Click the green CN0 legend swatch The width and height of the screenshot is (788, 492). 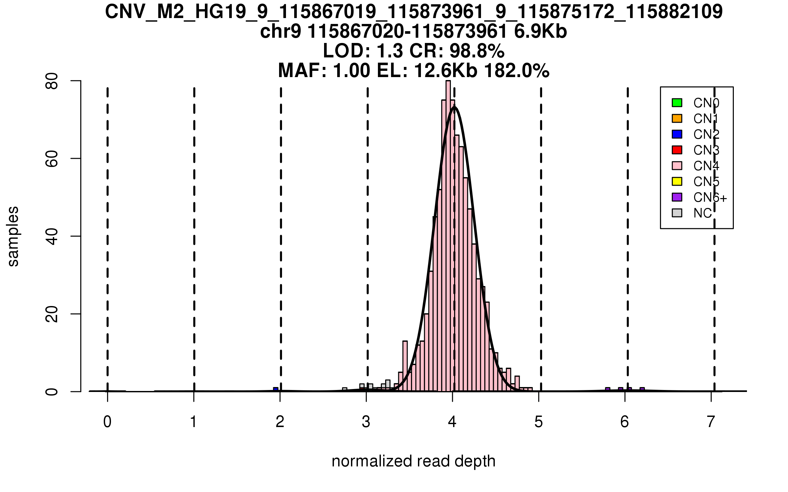(x=677, y=103)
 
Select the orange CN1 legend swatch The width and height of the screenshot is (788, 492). (x=677, y=118)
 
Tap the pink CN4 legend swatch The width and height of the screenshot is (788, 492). (x=677, y=166)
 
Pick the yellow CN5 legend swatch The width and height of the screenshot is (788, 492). (x=677, y=181)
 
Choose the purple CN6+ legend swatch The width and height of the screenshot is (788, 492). (x=677, y=197)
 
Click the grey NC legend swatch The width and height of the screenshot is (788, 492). (x=677, y=213)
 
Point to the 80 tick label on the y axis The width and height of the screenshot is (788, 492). (x=52, y=81)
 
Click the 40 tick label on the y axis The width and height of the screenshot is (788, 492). (x=52, y=236)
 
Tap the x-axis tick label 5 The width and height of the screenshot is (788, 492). (x=538, y=422)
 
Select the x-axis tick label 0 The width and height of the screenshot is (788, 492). (x=107, y=422)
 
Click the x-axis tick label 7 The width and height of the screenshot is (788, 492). (x=711, y=422)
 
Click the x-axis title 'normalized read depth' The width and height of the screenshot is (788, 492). (x=413, y=461)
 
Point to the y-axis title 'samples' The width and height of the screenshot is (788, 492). (x=13, y=236)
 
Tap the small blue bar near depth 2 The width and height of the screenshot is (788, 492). (x=276, y=389)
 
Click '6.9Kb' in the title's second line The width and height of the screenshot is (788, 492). (x=540, y=32)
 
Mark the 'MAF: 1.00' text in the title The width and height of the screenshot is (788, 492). (x=324, y=71)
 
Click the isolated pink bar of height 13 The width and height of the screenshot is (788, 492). (x=405, y=366)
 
